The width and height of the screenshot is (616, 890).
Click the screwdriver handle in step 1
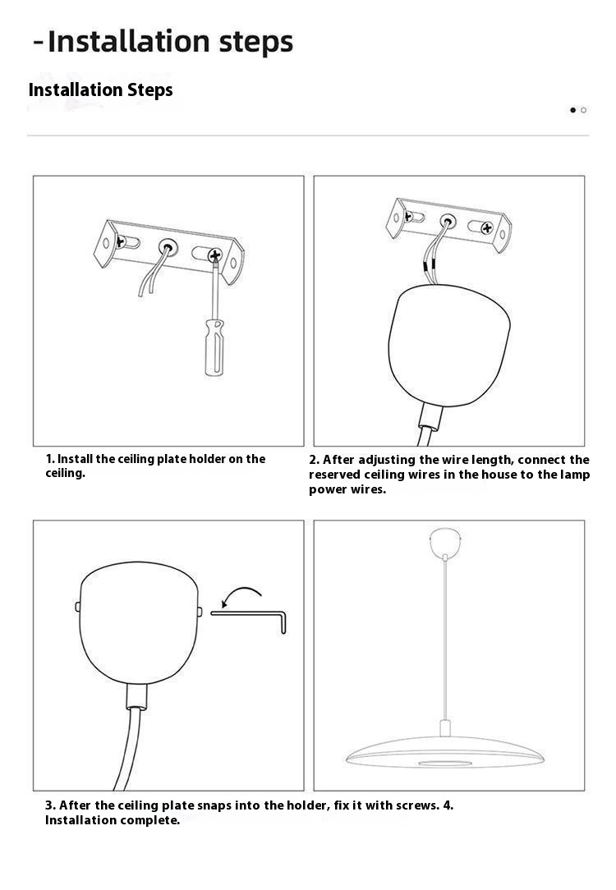214,348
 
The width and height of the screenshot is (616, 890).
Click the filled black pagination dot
572,110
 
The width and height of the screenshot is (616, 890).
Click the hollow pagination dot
583,110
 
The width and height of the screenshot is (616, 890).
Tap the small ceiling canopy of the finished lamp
445,543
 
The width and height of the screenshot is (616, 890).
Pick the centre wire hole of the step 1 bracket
168,247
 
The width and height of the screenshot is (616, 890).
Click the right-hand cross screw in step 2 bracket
487,228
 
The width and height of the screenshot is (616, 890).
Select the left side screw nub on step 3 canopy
78,607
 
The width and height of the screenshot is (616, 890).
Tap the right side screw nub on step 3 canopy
200,612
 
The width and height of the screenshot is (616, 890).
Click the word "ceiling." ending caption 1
65,474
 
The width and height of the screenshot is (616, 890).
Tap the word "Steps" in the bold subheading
149,90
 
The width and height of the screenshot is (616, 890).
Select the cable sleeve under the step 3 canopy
136,696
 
